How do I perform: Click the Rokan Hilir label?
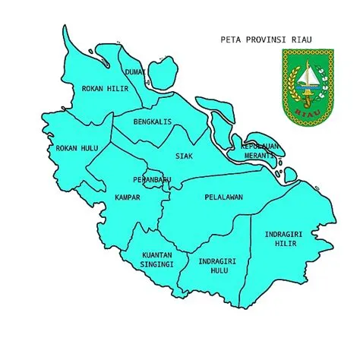coord(105,88)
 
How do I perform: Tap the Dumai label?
coord(135,72)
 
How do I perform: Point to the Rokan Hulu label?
coord(77,147)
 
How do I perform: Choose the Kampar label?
coord(127,197)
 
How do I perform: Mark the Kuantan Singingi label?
coord(157,260)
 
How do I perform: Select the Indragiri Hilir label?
coord(284,238)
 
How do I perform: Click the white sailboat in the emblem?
coord(307,76)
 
